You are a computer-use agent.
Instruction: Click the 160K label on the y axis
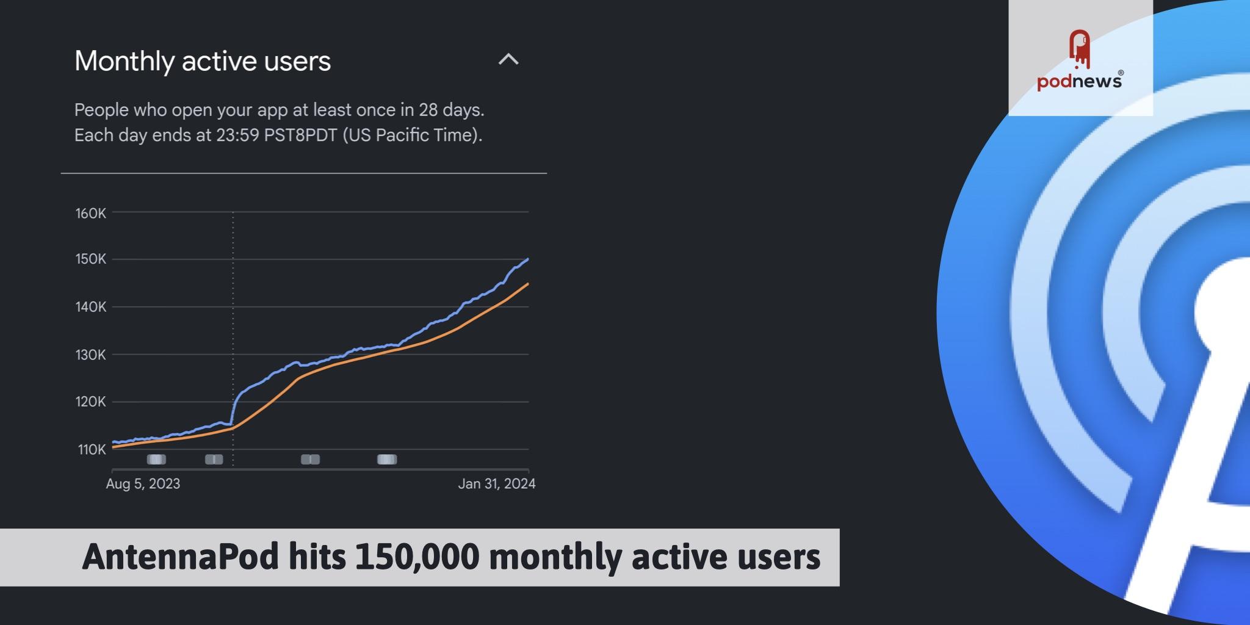90,213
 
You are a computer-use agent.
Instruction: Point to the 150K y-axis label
90,259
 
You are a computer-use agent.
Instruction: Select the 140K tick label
90,307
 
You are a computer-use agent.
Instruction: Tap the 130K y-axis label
90,355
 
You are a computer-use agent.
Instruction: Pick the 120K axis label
90,402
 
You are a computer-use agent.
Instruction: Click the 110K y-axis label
92,450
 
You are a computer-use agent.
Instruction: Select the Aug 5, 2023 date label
143,484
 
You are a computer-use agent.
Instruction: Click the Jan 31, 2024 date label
496,484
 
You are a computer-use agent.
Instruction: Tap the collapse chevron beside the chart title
508,60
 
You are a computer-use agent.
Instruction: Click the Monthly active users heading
203,61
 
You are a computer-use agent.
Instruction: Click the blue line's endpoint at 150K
528,259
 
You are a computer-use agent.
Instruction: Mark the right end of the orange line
528,284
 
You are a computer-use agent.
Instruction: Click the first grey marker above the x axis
156,460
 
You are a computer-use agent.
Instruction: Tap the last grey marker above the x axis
387,460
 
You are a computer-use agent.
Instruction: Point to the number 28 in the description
428,110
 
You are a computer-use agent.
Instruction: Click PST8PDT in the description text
300,135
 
